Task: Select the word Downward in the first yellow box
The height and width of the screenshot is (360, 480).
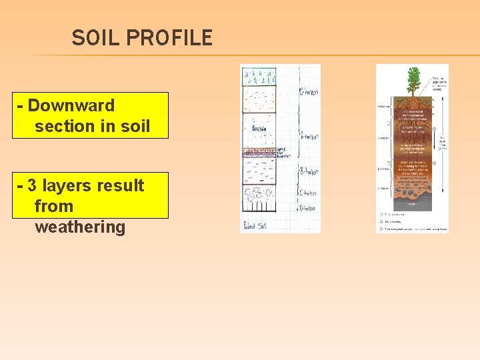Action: (x=71, y=105)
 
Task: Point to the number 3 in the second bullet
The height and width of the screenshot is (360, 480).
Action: (x=32, y=185)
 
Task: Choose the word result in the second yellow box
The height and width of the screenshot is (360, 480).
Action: (x=122, y=185)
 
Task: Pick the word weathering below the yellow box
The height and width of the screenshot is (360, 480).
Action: (x=79, y=227)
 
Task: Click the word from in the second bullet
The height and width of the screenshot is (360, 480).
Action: (x=53, y=206)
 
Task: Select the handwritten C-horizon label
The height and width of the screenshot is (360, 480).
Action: (x=307, y=193)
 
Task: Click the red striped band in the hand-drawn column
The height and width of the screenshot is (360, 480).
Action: (x=258, y=153)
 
